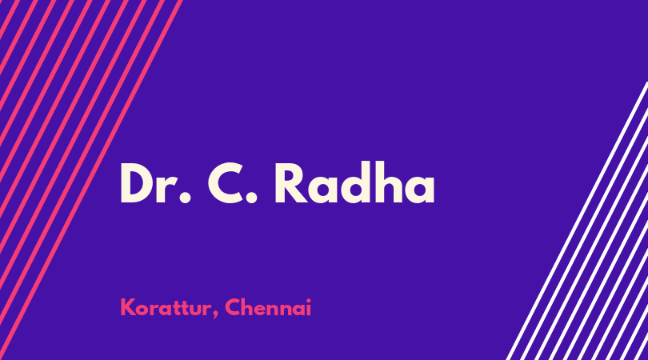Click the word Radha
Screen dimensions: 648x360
(354, 183)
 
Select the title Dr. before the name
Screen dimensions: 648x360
(155, 184)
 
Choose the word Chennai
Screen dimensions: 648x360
(268, 307)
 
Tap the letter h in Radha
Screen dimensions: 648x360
(389, 183)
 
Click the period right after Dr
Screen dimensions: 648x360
(185, 198)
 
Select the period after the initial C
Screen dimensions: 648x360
(251, 198)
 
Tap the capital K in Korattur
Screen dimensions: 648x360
(127, 307)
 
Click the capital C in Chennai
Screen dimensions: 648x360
(233, 307)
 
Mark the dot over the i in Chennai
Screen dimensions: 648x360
(308, 300)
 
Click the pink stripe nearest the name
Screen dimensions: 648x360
(91, 180)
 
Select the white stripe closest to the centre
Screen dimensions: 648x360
(578, 221)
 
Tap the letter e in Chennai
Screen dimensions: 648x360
(261, 310)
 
